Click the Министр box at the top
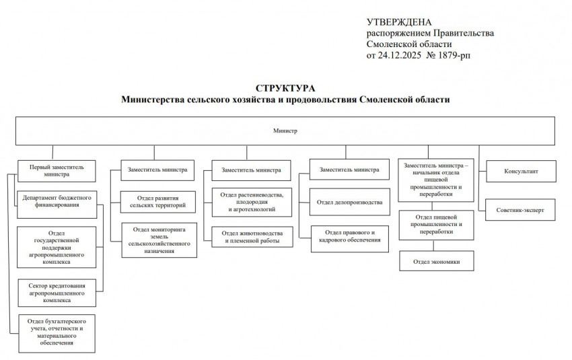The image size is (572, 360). (x=285, y=131)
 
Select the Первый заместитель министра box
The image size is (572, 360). (x=56, y=169)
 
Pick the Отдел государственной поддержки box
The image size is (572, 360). (x=57, y=247)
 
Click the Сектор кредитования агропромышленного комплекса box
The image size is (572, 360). (x=57, y=293)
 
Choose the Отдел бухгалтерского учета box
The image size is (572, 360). (x=57, y=332)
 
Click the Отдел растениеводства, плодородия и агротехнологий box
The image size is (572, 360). (x=251, y=203)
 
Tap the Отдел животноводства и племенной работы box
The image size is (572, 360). (x=251, y=236)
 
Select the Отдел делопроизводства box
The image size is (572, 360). (x=349, y=202)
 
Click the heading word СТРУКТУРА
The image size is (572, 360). (x=285, y=88)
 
